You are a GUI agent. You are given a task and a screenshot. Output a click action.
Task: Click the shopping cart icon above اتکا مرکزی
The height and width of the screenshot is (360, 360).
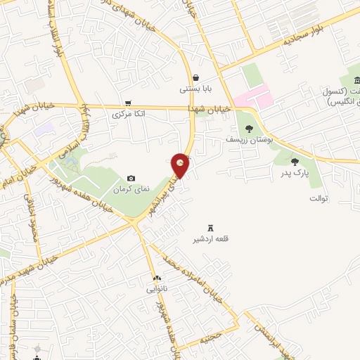tap(127, 102)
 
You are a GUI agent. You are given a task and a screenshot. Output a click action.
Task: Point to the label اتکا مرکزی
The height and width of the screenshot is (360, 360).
tap(129, 112)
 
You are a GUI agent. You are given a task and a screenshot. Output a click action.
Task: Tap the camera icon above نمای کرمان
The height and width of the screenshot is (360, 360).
tap(131, 179)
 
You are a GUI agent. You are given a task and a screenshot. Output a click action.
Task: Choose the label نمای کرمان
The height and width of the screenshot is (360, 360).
tap(131, 191)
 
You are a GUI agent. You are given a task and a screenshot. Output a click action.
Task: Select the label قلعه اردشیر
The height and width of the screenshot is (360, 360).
tap(212, 239)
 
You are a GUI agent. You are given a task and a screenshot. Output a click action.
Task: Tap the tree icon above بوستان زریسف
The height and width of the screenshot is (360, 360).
tap(249, 128)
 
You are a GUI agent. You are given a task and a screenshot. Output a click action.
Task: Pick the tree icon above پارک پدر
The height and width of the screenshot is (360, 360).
tap(295, 162)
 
